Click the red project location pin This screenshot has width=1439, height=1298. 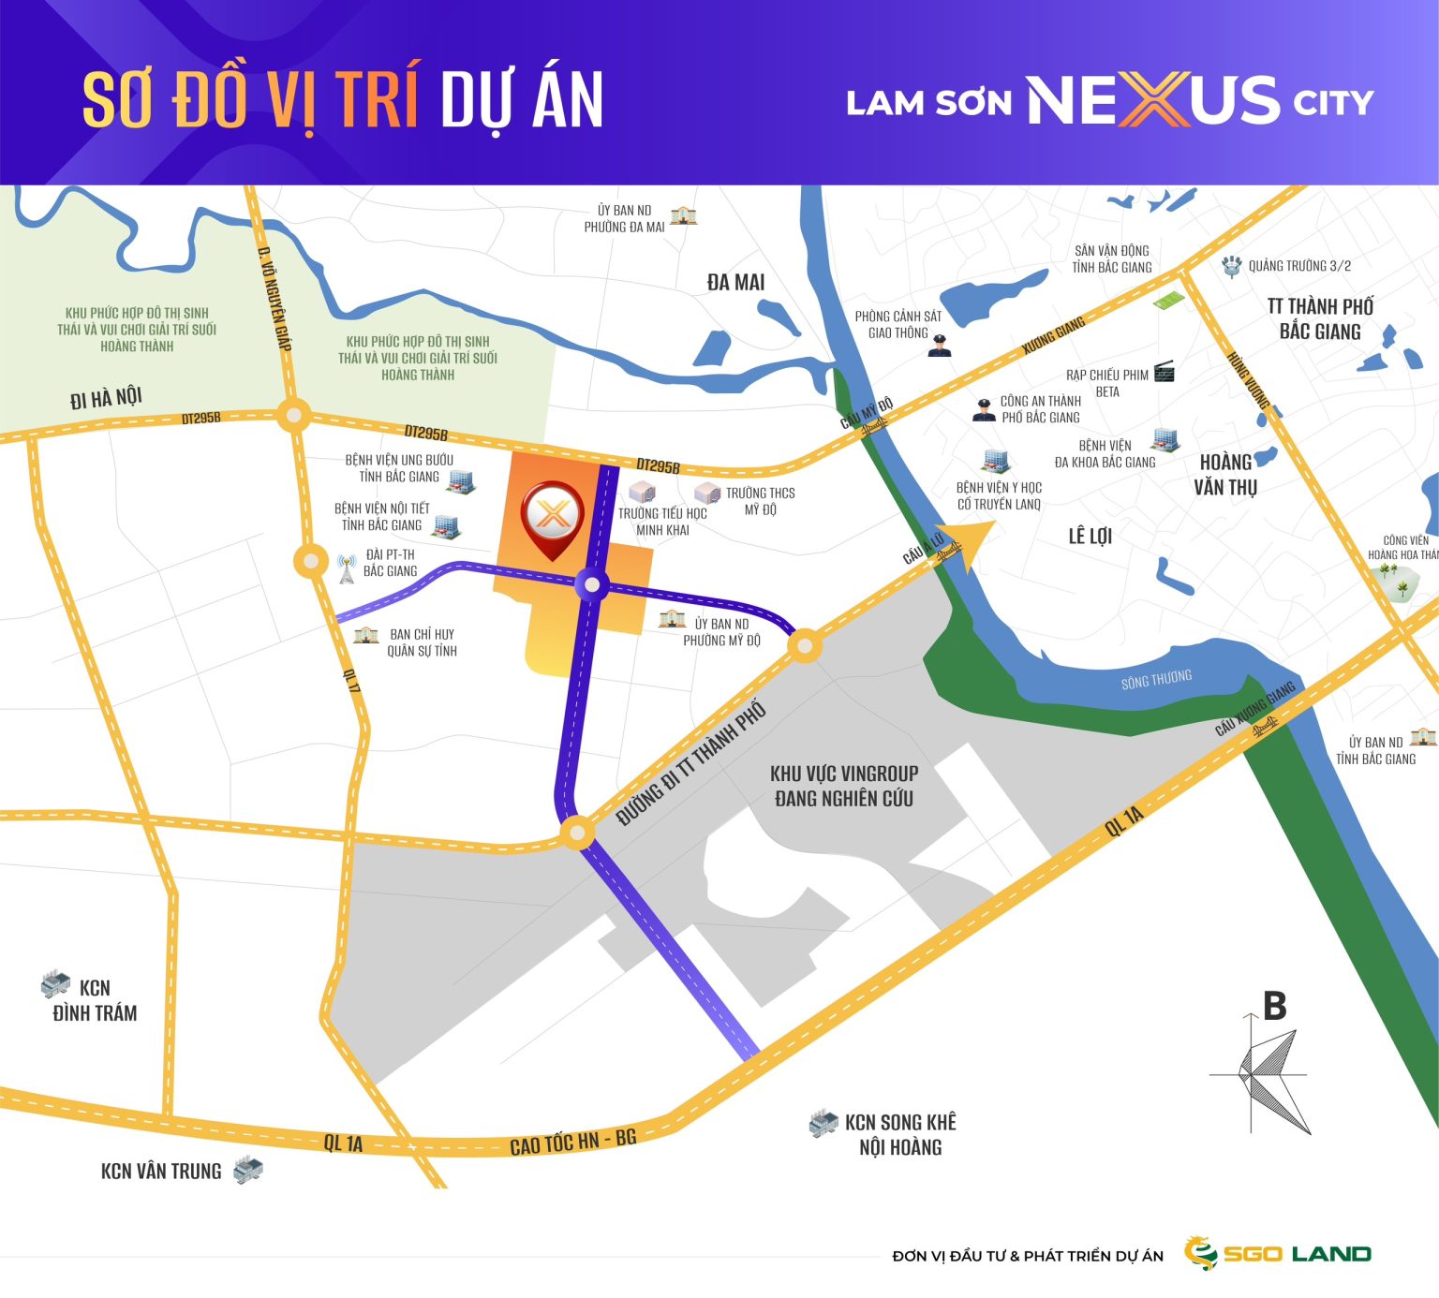[x=553, y=518]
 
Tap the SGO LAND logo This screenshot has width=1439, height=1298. [x=1277, y=1253]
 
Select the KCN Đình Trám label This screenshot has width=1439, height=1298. [x=95, y=1000]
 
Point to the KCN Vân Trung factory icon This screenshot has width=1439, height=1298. [x=248, y=1169]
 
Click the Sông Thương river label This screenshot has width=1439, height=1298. [x=1156, y=679]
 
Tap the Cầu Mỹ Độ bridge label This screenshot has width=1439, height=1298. [x=867, y=413]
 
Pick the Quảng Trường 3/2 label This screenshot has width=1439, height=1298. [x=1299, y=266]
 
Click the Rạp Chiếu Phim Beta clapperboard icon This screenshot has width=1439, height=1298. [x=1165, y=372]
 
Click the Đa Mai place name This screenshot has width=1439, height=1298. [x=735, y=282]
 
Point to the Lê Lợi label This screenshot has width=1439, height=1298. [x=1090, y=536]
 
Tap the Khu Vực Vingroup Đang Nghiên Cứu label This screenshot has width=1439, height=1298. [x=844, y=786]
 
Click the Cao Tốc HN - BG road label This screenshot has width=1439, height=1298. [x=572, y=1142]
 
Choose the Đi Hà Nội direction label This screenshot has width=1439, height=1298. [x=106, y=398]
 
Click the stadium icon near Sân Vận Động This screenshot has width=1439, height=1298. [x=1167, y=302]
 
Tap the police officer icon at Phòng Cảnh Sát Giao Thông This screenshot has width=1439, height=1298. [x=940, y=347]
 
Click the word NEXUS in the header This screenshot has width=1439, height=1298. [x=1153, y=100]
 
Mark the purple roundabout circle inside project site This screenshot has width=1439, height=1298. [x=591, y=585]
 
